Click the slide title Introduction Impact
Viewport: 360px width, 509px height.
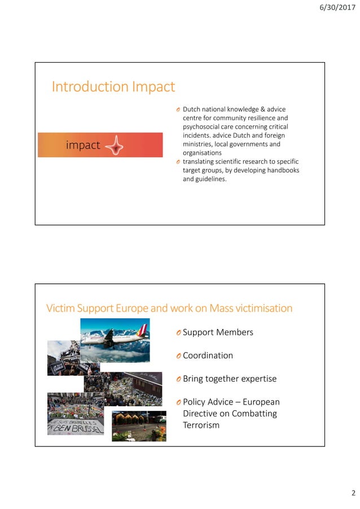click(x=113, y=87)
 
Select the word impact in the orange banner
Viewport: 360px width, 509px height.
click(x=83, y=145)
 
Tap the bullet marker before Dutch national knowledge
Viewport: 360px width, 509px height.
click(x=177, y=109)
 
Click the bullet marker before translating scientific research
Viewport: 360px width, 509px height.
click(x=177, y=162)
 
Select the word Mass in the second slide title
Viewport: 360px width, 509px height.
click(x=222, y=308)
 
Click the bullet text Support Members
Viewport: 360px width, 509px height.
click(x=218, y=332)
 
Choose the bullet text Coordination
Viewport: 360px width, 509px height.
click(x=208, y=356)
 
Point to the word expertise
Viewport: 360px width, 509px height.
click(x=258, y=379)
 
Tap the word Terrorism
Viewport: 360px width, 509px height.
click(x=201, y=425)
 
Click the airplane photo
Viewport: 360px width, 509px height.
click(x=115, y=340)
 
